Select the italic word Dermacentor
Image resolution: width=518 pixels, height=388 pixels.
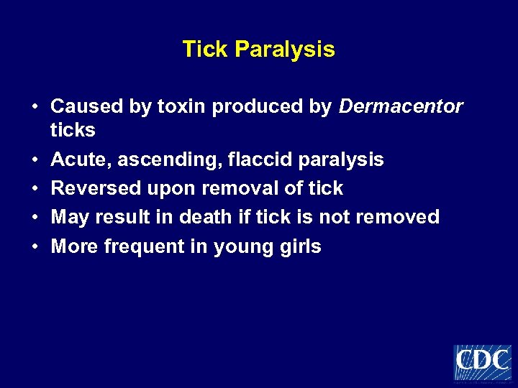(x=401, y=107)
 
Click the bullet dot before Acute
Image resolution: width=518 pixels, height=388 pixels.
(x=35, y=160)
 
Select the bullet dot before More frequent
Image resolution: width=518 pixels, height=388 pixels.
(x=35, y=246)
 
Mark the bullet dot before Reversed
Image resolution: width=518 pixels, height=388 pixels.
(x=35, y=189)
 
